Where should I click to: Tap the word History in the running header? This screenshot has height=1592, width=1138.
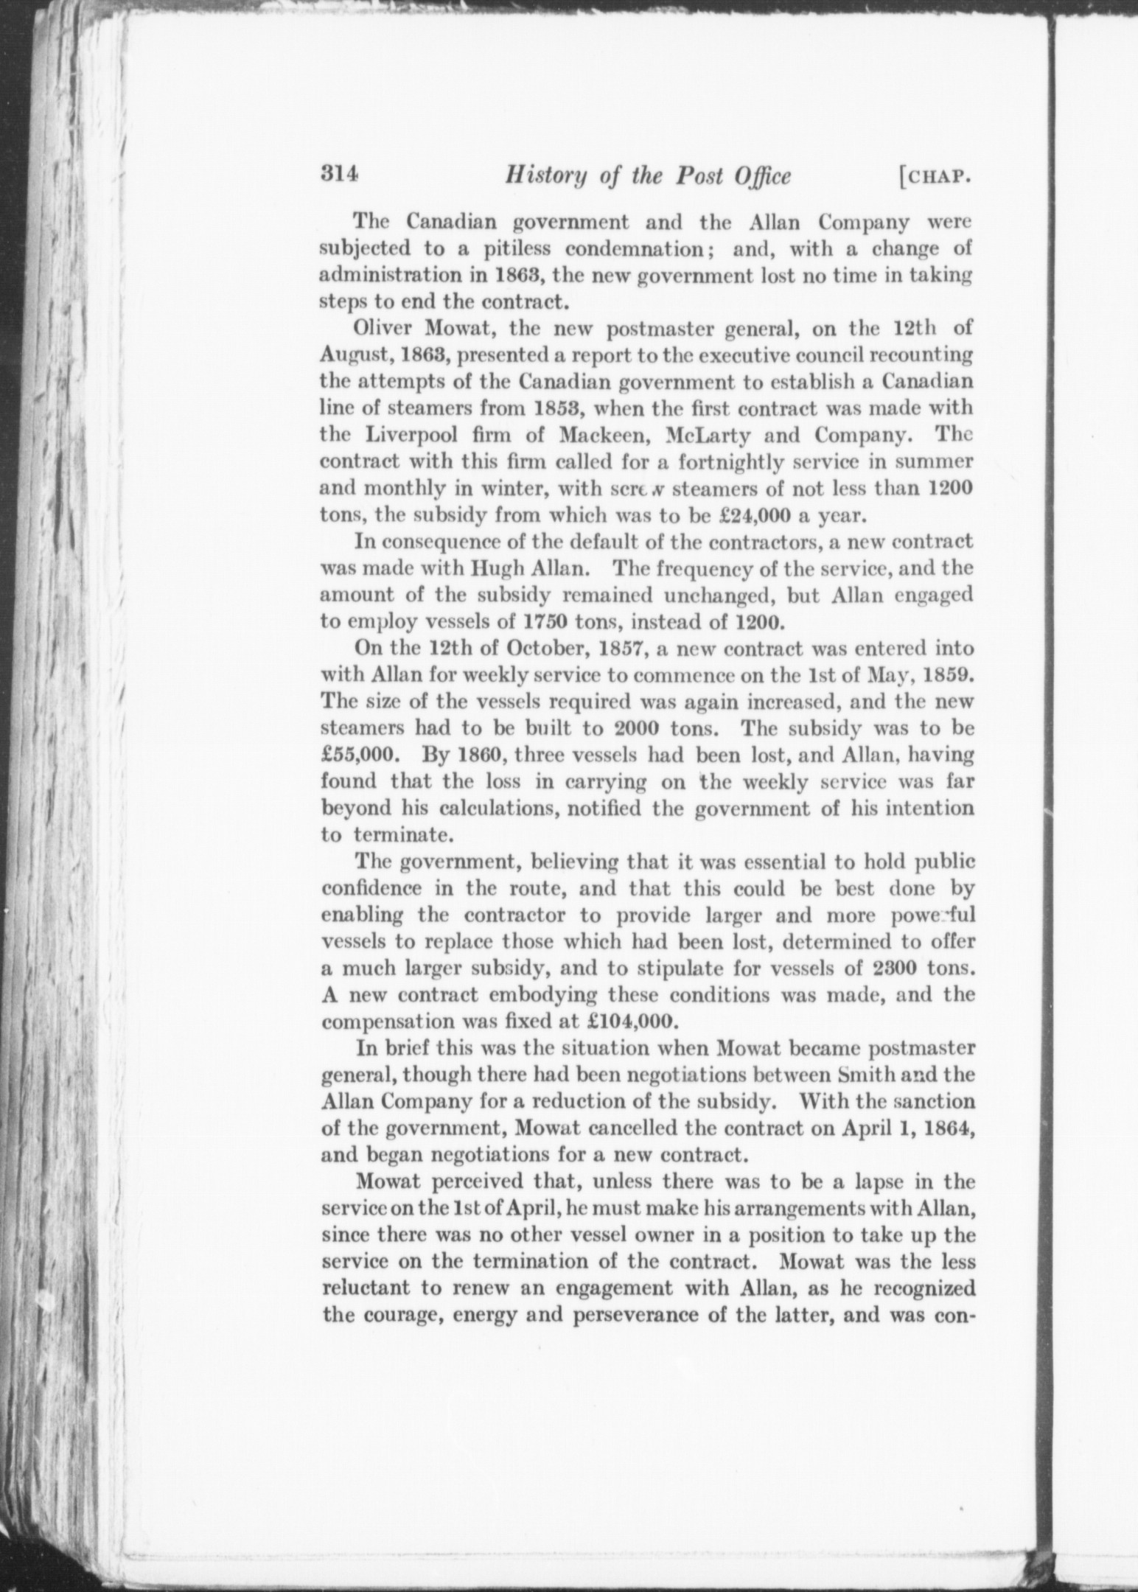[x=537, y=176]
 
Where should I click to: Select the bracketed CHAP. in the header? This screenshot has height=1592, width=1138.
[x=937, y=177]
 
